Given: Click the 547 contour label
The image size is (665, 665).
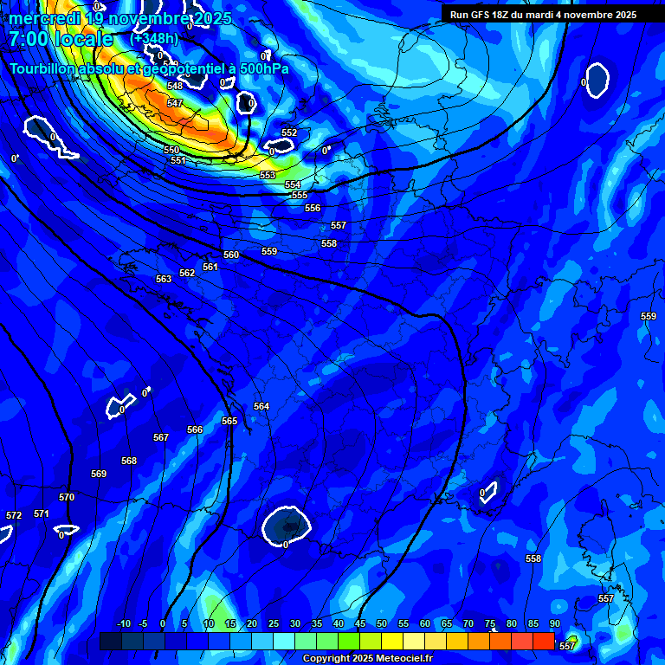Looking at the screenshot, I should click(x=175, y=103).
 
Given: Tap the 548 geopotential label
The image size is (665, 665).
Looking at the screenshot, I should click(x=175, y=86).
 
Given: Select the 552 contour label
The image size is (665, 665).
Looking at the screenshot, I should click(x=289, y=132).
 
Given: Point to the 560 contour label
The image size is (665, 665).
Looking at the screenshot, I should click(x=231, y=255).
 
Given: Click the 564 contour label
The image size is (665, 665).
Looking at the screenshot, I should click(x=261, y=406).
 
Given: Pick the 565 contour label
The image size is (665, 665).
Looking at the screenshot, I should click(x=229, y=421).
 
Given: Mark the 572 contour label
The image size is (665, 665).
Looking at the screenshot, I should click(x=14, y=515).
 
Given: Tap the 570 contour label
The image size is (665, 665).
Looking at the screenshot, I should click(x=67, y=497).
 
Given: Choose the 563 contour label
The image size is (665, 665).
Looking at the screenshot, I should click(x=164, y=279).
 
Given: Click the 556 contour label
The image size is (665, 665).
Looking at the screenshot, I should click(x=313, y=208).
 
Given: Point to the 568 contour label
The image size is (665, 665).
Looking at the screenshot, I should click(x=129, y=461).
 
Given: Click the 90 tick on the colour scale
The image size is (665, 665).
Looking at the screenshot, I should click(x=554, y=624).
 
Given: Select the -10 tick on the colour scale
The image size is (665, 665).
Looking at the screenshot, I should click(x=123, y=624).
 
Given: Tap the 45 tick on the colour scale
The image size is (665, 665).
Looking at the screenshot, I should click(x=360, y=624).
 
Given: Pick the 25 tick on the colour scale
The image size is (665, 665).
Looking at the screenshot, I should click(x=274, y=624).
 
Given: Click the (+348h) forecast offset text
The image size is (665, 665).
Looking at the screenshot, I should click(x=154, y=39).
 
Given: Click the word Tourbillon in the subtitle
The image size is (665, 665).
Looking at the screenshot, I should click(x=47, y=68).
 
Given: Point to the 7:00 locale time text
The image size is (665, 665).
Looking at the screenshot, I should click(x=61, y=39).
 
